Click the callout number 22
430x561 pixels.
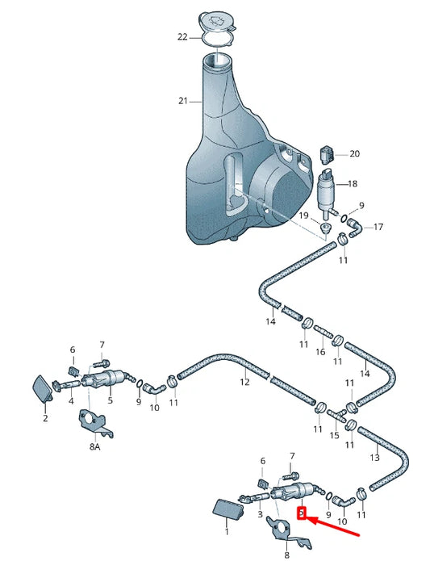(x=182, y=37)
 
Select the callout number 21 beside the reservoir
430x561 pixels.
(x=182, y=101)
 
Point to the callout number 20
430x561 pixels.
(x=354, y=154)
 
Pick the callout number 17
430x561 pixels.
(x=378, y=227)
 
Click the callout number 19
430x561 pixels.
(x=303, y=216)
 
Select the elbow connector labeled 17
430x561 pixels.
(x=354, y=228)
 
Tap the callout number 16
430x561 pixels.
(x=320, y=352)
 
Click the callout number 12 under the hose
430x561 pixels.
(x=244, y=382)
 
